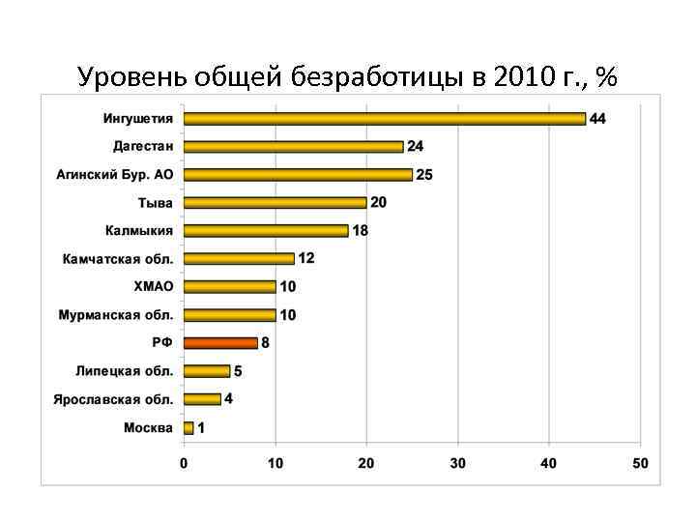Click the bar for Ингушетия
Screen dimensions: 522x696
(x=385, y=119)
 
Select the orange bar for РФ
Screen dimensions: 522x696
(x=220, y=342)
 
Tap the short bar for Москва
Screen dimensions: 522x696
(x=188, y=427)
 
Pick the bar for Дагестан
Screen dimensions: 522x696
(x=293, y=147)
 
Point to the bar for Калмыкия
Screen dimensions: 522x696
(x=266, y=231)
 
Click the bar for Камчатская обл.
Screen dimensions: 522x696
(x=239, y=258)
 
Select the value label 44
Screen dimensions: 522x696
(x=597, y=119)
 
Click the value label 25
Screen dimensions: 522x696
(x=423, y=175)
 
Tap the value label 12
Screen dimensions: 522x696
(x=305, y=258)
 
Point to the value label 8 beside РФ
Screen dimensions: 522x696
(x=266, y=343)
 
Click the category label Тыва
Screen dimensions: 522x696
(x=155, y=203)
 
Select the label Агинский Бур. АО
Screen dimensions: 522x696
(x=114, y=175)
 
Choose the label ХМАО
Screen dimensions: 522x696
(x=154, y=287)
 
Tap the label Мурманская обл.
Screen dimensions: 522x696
(x=116, y=315)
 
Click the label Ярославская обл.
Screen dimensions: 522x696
(x=113, y=399)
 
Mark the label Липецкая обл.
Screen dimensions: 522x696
(x=126, y=371)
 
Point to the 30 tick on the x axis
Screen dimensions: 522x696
(x=457, y=464)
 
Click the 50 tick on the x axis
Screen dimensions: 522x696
(x=640, y=464)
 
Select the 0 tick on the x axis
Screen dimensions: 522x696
(x=184, y=464)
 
